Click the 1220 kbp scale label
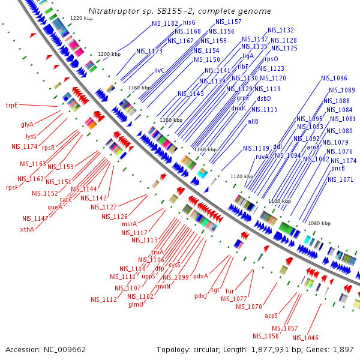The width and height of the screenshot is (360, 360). point(81,19)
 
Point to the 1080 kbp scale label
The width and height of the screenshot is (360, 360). point(319,223)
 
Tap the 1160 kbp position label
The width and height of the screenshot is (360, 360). point(170,121)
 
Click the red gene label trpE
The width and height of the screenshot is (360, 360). point(12,105)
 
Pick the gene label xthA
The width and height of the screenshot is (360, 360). point(26,229)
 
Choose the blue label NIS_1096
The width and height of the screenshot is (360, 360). point(334,78)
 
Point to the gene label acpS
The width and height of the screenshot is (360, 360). point(272,314)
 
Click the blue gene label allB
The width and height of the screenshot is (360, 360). point(253,121)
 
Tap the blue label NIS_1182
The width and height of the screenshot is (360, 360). point(158,23)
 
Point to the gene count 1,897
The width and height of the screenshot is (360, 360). point(341,349)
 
